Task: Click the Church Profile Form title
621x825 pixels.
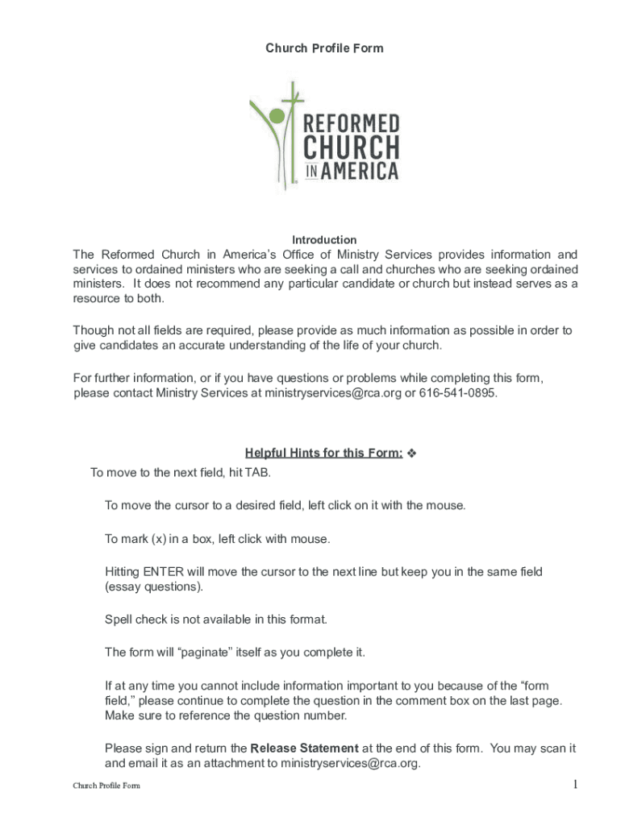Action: (x=324, y=48)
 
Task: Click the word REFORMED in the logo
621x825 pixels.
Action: (x=351, y=124)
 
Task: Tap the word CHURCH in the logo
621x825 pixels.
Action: (x=351, y=148)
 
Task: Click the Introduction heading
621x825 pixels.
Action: (x=324, y=240)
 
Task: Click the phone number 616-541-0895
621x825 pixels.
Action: (x=458, y=393)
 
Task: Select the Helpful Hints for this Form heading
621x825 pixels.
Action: (x=323, y=453)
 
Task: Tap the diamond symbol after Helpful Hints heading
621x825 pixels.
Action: (x=411, y=453)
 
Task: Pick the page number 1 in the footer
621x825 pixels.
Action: (x=576, y=785)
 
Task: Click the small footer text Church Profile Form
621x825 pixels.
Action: (x=106, y=786)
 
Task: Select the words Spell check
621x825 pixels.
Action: (x=134, y=620)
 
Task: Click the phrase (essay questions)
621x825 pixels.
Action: (x=154, y=587)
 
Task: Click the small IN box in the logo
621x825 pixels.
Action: (x=314, y=172)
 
